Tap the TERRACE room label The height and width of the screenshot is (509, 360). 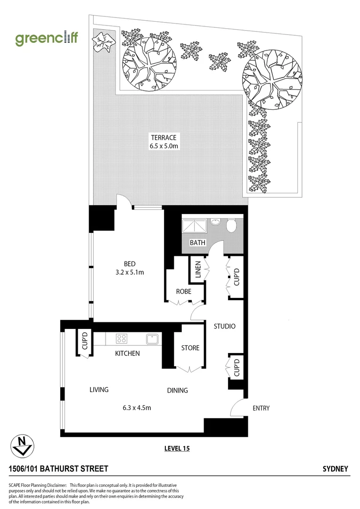click(164, 138)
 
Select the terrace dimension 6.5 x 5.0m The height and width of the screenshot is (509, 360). click(164, 146)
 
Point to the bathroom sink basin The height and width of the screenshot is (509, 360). click(216, 222)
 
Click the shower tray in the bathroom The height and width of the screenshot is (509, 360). click(195, 226)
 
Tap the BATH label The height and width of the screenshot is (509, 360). click(197, 243)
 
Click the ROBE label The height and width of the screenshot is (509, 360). click(183, 292)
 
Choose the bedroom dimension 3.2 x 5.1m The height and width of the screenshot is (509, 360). click(131, 272)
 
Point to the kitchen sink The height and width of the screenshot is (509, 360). click(152, 338)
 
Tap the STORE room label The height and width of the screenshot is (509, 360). click(190, 348)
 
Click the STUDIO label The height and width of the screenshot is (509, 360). click(224, 326)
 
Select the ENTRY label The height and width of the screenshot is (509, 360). click(261, 408)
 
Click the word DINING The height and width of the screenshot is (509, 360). click(177, 390)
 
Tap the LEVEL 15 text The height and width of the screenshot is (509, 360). click(177, 448)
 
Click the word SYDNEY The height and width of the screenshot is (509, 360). click(335, 469)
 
